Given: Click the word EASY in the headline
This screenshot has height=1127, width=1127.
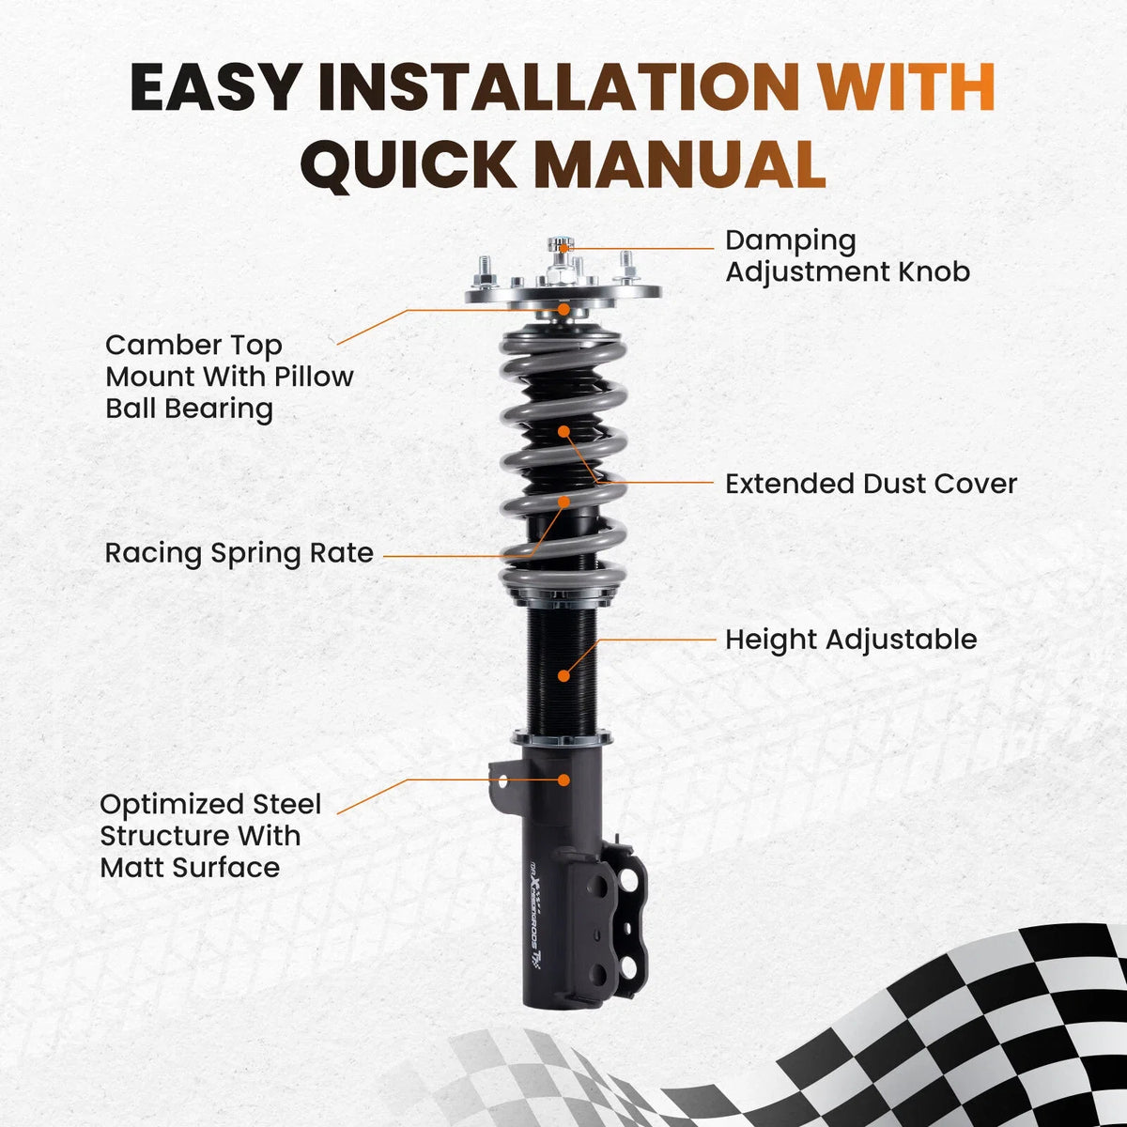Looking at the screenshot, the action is (x=215, y=86).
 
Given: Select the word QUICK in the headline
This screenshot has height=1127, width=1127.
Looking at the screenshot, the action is (x=409, y=165).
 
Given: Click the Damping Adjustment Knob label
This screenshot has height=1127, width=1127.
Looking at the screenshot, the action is (x=847, y=256).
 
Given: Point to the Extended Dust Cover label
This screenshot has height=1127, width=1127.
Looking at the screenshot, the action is (x=871, y=484).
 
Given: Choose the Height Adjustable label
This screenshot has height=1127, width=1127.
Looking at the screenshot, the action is (x=851, y=640).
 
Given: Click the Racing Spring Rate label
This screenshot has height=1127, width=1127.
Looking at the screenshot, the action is (x=239, y=553).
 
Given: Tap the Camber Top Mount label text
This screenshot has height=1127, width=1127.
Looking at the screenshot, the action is (x=229, y=378).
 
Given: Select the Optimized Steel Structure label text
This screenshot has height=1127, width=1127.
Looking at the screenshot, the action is (x=210, y=836).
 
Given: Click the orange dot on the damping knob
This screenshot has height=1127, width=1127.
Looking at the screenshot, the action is (x=563, y=248).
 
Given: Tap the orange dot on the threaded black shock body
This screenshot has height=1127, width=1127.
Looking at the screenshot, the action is (x=563, y=675).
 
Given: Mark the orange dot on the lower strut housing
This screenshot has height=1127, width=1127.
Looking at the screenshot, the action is (x=563, y=780).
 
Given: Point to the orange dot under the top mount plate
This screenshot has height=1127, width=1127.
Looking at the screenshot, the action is (x=563, y=309).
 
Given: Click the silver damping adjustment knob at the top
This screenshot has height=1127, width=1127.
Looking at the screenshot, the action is (x=562, y=246).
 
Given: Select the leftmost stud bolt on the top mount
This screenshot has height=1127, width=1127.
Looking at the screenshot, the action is (x=486, y=272).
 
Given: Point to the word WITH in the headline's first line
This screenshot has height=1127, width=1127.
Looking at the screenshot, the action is (x=906, y=86).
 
